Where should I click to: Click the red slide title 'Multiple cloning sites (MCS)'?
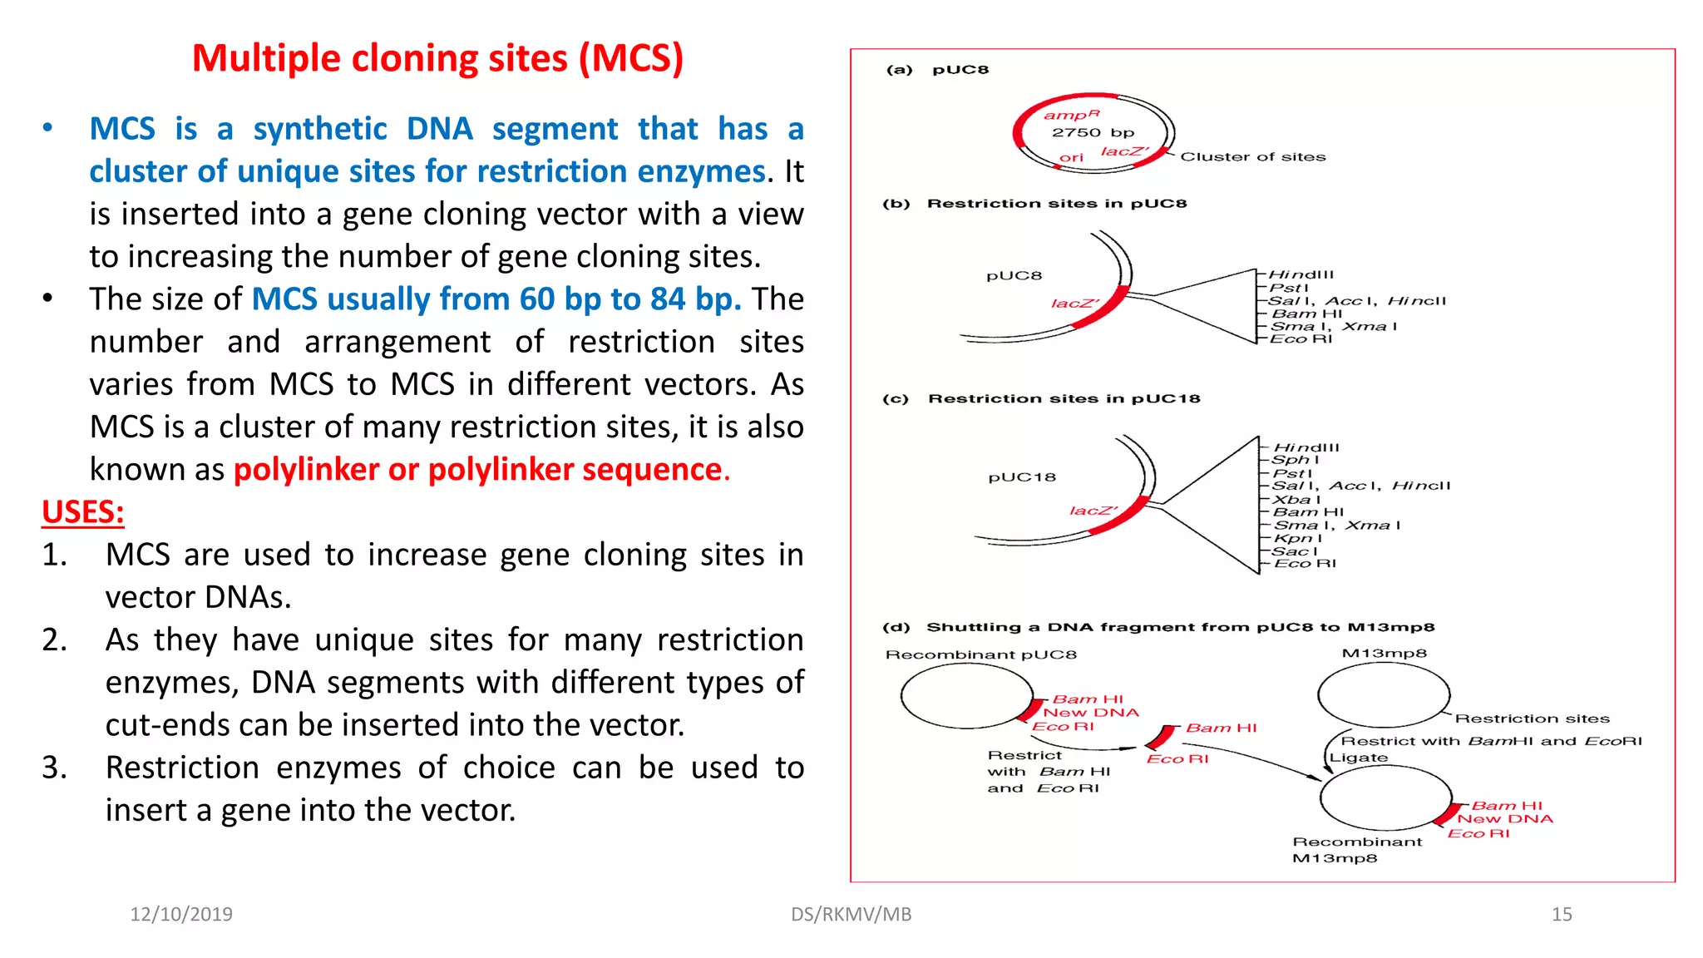click(437, 59)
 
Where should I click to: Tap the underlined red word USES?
click(83, 512)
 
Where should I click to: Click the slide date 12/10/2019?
click(181, 914)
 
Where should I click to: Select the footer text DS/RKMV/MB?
click(851, 914)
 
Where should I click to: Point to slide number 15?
click(1562, 914)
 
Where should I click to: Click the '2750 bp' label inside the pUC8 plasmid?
click(1093, 132)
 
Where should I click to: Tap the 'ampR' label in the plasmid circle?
click(1072, 115)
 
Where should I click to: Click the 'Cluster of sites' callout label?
click(1252, 156)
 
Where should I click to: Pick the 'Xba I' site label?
click(1296, 499)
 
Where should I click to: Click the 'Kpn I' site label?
click(1297, 538)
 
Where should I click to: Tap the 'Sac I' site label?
click(1295, 551)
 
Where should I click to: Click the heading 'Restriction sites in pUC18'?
click(1064, 398)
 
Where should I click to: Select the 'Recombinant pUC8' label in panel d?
click(981, 654)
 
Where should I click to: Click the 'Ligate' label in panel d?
click(1359, 758)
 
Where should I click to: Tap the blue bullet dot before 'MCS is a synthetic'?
click(48, 128)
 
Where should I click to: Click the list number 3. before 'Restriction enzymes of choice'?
click(54, 768)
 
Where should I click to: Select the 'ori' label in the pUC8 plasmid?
click(1071, 157)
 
